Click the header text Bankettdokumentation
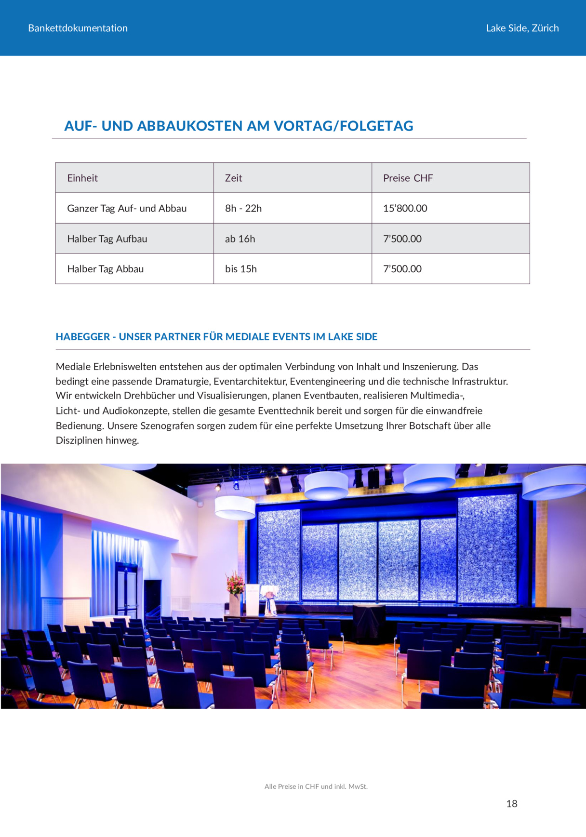[78, 28]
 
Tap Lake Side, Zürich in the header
[522, 28]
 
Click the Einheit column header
[82, 178]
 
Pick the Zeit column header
[233, 178]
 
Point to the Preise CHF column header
[408, 178]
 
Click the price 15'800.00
[405, 209]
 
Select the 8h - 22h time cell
[243, 209]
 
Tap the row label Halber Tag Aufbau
[107, 239]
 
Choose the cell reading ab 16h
[240, 239]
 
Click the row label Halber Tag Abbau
[105, 269]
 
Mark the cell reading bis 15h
[240, 269]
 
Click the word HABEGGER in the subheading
[82, 337]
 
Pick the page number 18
[512, 804]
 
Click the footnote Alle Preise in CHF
[316, 786]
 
